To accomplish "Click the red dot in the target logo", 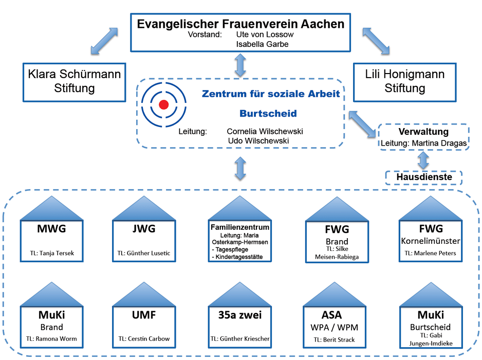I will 164,105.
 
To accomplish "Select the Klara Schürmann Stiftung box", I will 74,81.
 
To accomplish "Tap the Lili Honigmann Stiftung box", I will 405,81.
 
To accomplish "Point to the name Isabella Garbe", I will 262,44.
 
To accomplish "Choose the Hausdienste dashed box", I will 423,177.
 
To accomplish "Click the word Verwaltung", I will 423,132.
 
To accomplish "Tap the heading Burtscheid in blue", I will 268,113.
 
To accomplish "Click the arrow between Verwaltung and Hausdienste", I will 423,160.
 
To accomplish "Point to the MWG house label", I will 51,229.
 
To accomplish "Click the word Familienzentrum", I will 240,227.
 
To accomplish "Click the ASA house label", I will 331,315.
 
